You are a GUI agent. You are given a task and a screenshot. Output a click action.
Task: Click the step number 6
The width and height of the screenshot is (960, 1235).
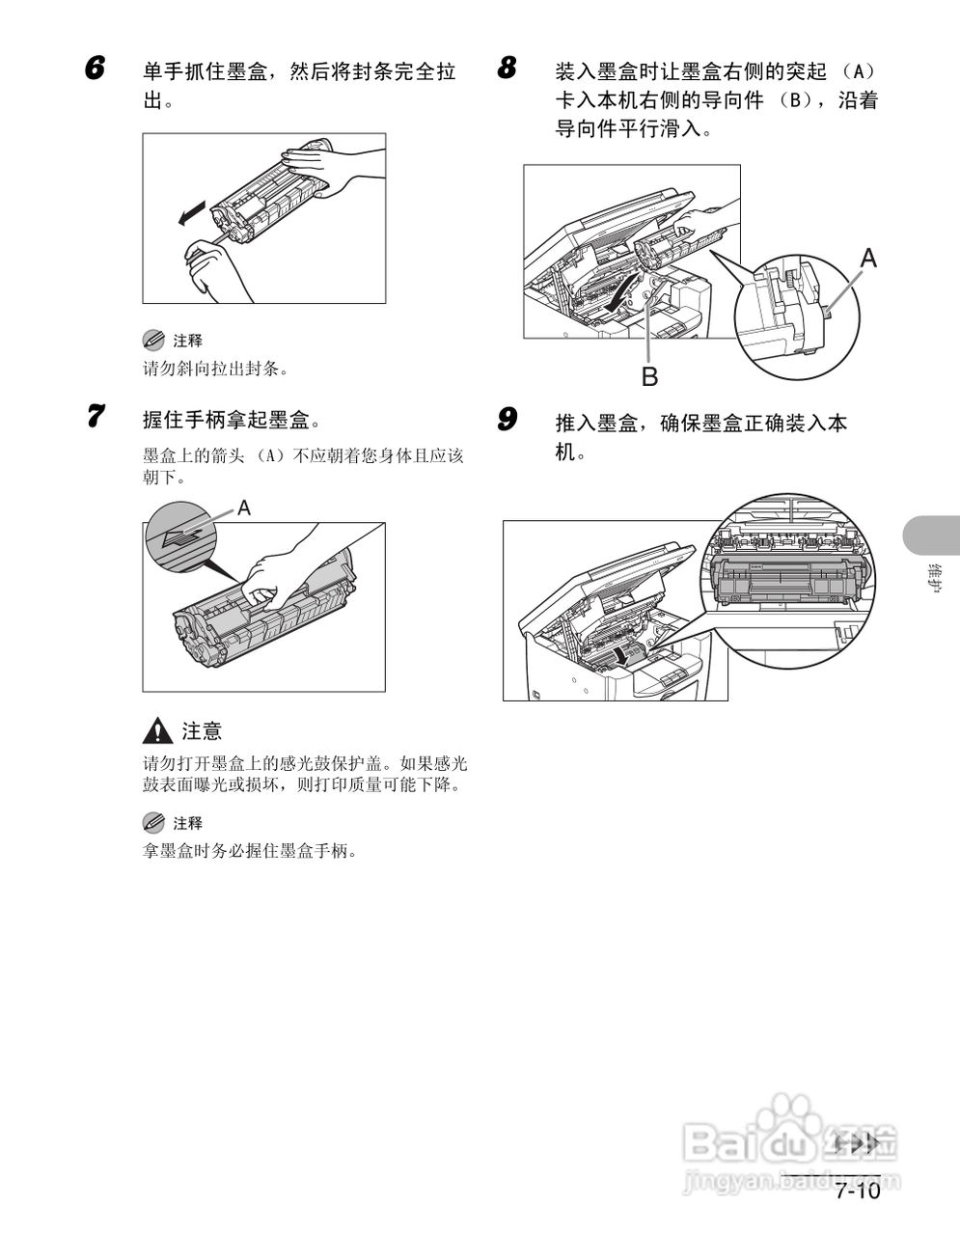coord(95,69)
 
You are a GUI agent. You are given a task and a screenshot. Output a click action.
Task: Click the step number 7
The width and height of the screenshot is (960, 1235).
coord(95,418)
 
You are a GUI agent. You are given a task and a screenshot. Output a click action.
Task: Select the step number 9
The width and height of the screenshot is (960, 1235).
coord(507,420)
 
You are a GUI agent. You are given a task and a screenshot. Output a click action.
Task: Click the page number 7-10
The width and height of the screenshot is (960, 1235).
coord(858,1191)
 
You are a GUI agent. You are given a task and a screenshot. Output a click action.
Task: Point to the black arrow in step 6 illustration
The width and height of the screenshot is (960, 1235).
coord(192,211)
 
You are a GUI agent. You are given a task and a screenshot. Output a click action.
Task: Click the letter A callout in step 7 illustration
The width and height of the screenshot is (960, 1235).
coord(244,508)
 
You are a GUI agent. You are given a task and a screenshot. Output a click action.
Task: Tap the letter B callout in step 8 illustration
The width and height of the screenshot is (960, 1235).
coord(649,376)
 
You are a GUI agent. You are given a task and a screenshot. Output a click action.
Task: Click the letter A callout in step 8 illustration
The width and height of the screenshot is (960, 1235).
coord(868,258)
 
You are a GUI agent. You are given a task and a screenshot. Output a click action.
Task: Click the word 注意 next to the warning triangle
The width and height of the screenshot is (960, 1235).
coord(202,731)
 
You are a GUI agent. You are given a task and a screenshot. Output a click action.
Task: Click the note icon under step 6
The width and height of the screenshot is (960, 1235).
coord(153,340)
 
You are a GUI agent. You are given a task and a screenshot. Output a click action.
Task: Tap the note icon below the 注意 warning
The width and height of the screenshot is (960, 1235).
coord(153,822)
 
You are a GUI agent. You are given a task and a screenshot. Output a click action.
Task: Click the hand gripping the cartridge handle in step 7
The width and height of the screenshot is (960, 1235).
coord(280,574)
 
